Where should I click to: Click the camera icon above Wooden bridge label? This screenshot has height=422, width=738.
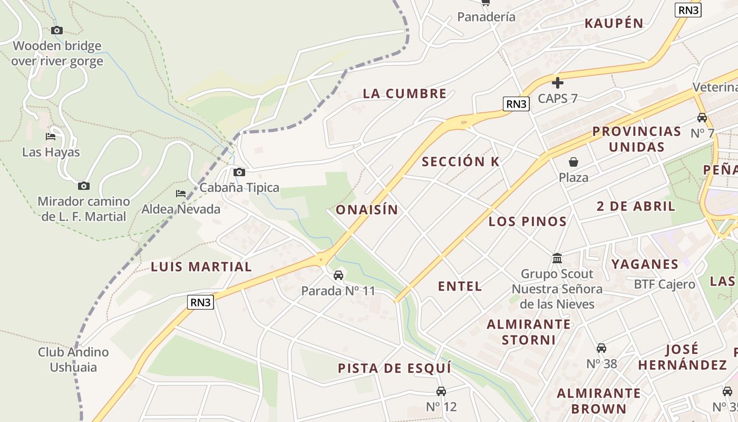pos(57,31)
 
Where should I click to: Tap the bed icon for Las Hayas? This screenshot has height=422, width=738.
pos(51,137)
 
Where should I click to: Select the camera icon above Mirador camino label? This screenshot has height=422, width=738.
pos(83,186)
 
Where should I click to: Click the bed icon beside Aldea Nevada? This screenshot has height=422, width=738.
pos(181,194)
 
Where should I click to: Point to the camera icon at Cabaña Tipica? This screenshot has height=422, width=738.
pos(239,172)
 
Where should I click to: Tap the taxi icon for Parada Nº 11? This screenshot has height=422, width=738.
pos(338,275)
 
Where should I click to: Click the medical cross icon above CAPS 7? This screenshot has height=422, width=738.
pos(558,83)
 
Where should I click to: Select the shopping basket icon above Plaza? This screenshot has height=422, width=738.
pos(574,162)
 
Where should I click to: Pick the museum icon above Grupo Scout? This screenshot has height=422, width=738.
pos(557,258)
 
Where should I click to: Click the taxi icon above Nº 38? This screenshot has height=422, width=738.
pos(601,348)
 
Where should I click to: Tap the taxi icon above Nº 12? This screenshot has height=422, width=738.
pos(441,391)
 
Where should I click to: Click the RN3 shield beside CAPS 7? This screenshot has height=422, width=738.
pos(516,104)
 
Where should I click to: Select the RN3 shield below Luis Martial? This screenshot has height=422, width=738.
pos(201,302)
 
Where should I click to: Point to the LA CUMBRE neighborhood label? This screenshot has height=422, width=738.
pos(404,94)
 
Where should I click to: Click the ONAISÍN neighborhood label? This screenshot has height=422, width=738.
pos(367,210)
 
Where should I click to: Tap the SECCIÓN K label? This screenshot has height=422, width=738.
pos(460,162)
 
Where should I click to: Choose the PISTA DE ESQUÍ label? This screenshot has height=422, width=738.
pos(394,368)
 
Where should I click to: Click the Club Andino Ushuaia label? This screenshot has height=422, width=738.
pos(73,359)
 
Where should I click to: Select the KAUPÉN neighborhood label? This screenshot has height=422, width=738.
pos(614,23)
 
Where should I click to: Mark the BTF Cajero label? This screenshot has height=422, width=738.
pos(664,284)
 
